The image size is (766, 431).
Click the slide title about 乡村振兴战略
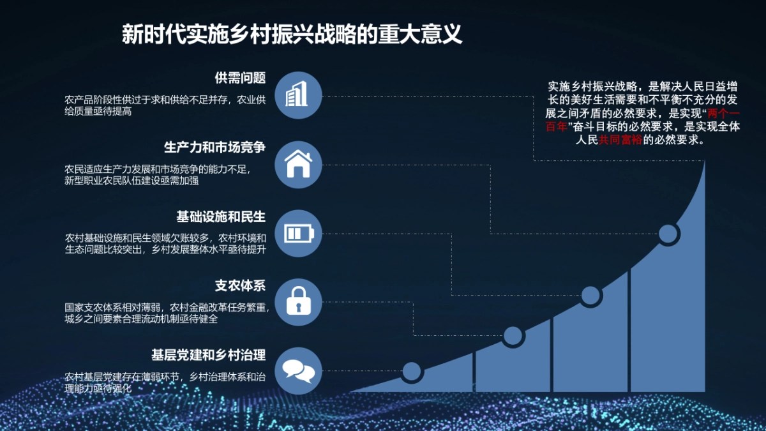coord(292,34)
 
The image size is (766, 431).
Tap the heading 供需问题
coord(240,78)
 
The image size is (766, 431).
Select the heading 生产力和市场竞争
coord(214,147)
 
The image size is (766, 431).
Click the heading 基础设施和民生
coord(221,216)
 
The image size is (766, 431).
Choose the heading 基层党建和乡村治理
coord(208,354)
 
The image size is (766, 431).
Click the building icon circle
coord(297,95)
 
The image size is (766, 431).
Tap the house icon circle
coord(297,164)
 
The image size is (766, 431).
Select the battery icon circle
coord(297,233)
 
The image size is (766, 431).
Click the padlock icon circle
coord(297,302)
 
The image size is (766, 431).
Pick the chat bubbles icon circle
coord(297,370)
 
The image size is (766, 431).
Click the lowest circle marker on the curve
coord(412,371)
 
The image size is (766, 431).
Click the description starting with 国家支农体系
coord(167,313)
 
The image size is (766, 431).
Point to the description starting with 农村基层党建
coord(165,382)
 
